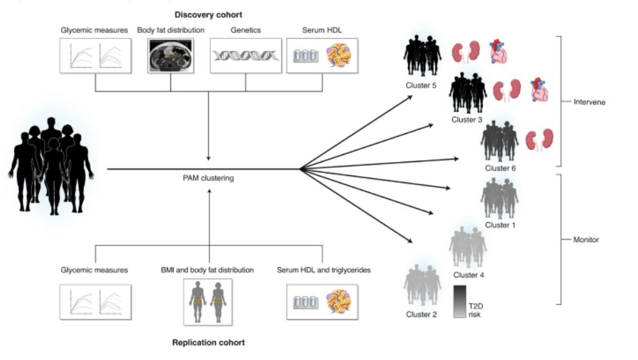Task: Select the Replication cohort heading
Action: [x=208, y=343]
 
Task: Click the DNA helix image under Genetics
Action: [x=246, y=56]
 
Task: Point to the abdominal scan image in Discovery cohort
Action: [x=171, y=56]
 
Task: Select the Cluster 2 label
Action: [x=421, y=314]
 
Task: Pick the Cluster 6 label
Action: [x=500, y=168]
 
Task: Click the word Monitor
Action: [x=585, y=240]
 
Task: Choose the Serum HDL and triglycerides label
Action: [x=323, y=270]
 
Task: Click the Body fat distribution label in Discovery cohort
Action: [x=171, y=30]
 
